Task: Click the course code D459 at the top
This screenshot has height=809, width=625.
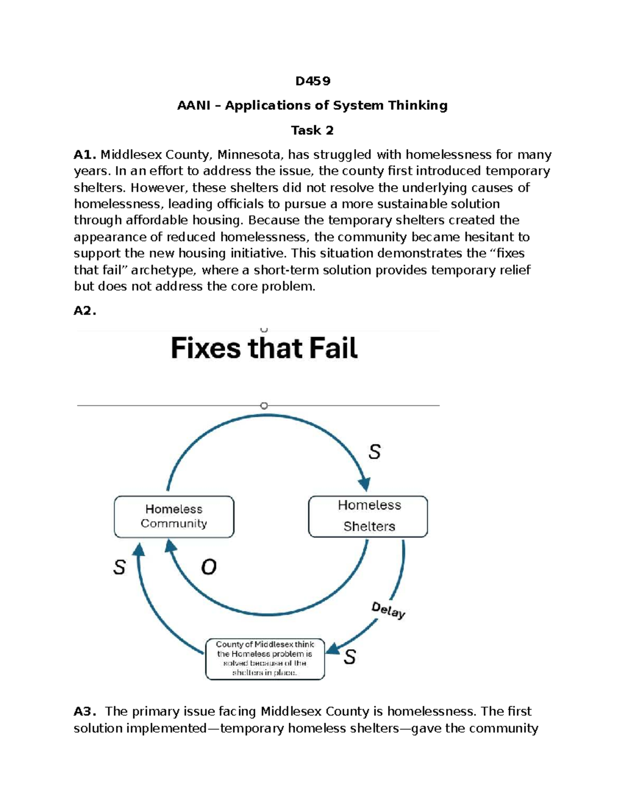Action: coord(312,81)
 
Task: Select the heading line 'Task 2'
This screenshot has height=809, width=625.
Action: coord(312,130)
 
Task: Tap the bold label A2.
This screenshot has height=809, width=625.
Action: coord(84,311)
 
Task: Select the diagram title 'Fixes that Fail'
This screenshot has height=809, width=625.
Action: coord(264,348)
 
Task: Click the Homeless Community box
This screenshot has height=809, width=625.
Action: coord(174,516)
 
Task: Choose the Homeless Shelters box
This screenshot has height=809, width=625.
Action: coord(368,516)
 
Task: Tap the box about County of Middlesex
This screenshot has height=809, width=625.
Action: coord(265,658)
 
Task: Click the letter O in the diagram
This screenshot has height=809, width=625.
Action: coord(209,567)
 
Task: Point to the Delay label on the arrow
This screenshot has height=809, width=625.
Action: coord(388,609)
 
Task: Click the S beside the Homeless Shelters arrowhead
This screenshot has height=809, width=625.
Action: coord(374,452)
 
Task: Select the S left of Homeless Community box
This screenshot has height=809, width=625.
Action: coord(119,567)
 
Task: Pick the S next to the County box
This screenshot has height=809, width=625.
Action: coord(349,657)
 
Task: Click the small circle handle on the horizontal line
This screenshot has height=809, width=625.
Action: coord(264,405)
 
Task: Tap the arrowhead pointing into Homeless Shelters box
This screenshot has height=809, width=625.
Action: coord(365,484)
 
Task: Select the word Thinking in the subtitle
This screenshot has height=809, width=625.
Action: coord(418,105)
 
